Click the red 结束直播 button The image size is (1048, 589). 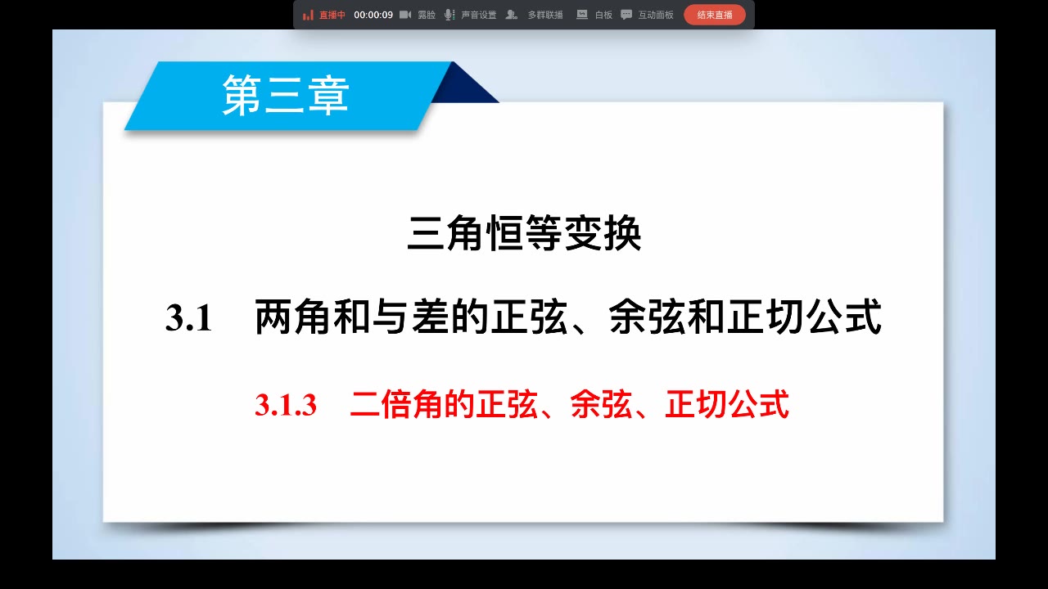714,15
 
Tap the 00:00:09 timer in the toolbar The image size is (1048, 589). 373,15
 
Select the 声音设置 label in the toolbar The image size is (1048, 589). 478,15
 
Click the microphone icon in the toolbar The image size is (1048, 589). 449,15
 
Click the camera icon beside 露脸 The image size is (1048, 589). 405,15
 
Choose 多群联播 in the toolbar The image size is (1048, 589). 544,15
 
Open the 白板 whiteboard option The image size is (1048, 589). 603,15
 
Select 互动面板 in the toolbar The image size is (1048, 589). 655,15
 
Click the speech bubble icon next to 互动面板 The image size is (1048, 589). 626,15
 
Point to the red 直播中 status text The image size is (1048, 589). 332,15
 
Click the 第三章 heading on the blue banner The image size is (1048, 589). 286,95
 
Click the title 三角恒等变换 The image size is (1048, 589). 524,235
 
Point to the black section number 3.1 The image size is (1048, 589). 189,318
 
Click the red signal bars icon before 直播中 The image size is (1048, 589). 308,15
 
